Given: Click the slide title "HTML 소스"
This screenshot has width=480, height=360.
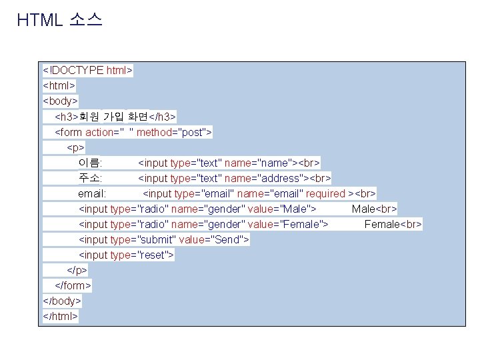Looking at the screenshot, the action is click(x=59, y=20).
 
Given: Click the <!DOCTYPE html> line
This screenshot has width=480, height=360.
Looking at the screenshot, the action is click(x=88, y=70).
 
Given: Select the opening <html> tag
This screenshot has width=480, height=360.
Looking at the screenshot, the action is click(x=59, y=85).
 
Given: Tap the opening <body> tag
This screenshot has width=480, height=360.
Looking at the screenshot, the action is click(x=60, y=101).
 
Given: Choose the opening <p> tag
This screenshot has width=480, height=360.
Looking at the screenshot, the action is click(x=75, y=147).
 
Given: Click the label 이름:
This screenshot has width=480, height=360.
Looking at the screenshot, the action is click(x=90, y=163).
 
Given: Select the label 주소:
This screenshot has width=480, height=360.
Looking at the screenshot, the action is click(x=90, y=178).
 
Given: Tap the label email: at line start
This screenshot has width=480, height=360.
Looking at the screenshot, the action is click(x=92, y=193).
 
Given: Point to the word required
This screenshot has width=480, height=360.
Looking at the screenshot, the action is click(x=325, y=193).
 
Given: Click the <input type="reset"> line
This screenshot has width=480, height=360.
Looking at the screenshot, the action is click(x=126, y=255).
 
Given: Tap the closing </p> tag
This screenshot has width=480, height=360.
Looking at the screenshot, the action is click(x=77, y=270).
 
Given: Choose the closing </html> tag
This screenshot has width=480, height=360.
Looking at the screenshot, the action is click(x=60, y=316).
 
